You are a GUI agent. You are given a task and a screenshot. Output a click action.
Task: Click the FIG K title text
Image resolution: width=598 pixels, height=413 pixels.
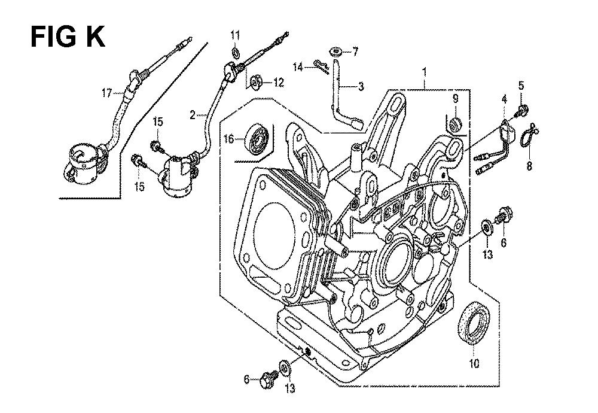(x=68, y=37)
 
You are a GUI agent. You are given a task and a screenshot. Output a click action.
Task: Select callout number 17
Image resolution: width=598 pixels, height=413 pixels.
(x=108, y=93)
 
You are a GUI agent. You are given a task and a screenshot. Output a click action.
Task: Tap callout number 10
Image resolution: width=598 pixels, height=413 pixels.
(x=474, y=363)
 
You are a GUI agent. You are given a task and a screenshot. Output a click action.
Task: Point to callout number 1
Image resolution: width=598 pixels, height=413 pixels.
(x=424, y=72)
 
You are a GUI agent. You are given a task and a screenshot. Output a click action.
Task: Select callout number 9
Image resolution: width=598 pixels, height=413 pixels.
(x=455, y=99)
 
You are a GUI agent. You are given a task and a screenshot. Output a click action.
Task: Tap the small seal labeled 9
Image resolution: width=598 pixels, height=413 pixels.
(x=456, y=125)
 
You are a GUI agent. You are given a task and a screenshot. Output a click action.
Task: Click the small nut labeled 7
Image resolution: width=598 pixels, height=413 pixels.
(x=335, y=51)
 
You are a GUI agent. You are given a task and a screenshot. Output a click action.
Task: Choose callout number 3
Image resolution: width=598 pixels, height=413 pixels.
(x=361, y=87)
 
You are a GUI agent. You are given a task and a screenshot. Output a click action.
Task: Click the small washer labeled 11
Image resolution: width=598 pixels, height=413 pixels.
(x=235, y=51)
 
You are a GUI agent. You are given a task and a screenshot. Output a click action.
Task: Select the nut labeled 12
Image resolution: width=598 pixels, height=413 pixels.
(x=256, y=81)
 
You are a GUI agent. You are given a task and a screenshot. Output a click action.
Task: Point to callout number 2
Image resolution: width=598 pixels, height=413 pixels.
(x=193, y=114)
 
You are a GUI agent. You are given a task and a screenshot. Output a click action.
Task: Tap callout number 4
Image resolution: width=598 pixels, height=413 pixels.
(x=504, y=100)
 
